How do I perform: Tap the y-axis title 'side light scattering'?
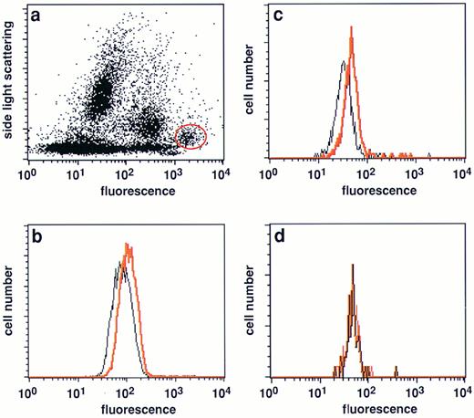[x=11, y=86]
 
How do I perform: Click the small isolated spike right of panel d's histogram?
[x=396, y=369]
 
